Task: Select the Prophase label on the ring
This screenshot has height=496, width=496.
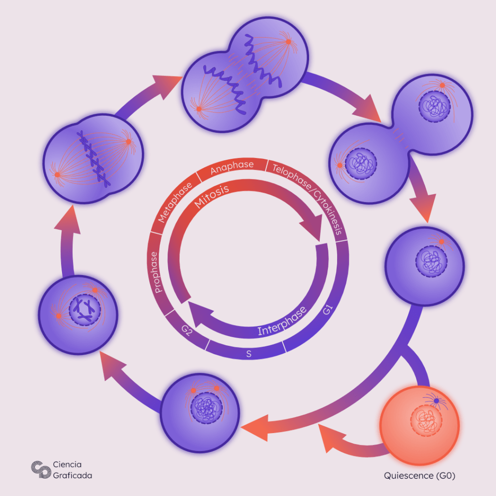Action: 156,272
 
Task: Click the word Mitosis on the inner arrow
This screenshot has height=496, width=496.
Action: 211,195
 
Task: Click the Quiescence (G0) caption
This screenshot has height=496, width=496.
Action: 419,476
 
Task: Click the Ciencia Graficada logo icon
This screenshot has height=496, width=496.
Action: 41,469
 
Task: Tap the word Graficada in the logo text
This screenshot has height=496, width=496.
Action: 73,475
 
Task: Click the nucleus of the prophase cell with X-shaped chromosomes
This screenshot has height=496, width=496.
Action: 84,310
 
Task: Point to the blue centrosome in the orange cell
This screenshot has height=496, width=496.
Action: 436,402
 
